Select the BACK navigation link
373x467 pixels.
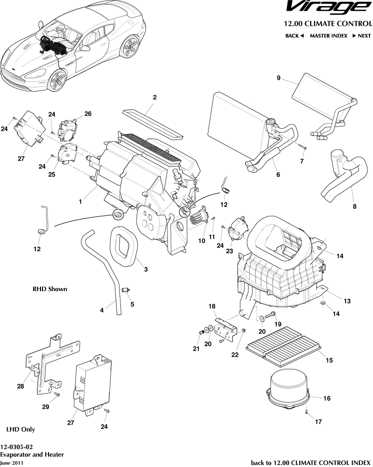[x=294, y=36]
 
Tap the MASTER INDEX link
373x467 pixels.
[x=328, y=36]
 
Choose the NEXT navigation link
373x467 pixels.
[x=361, y=36]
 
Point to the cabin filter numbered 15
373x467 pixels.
[x=284, y=347]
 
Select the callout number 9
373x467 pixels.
[x=278, y=78]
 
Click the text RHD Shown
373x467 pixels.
[x=50, y=290]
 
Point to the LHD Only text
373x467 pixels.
[x=20, y=429]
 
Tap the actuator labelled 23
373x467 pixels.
[x=237, y=229]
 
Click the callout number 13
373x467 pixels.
[x=347, y=301]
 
